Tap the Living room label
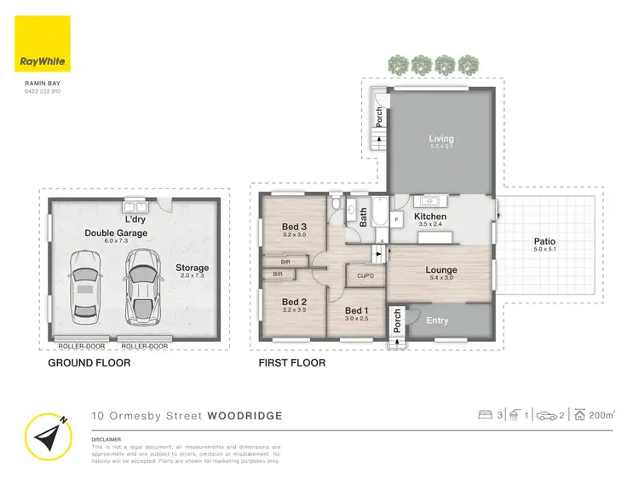[440, 139]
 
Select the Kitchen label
[430, 217]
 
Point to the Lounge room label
[441, 270]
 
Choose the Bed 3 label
[294, 227]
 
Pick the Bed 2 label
[294, 302]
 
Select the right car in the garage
[141, 286]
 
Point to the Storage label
[192, 268]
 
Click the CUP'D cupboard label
[365, 276]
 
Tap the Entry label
[437, 320]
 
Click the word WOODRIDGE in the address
[245, 416]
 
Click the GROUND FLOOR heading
[89, 362]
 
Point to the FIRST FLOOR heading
[291, 362]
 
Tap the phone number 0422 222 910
[43, 91]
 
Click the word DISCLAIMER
[108, 441]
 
